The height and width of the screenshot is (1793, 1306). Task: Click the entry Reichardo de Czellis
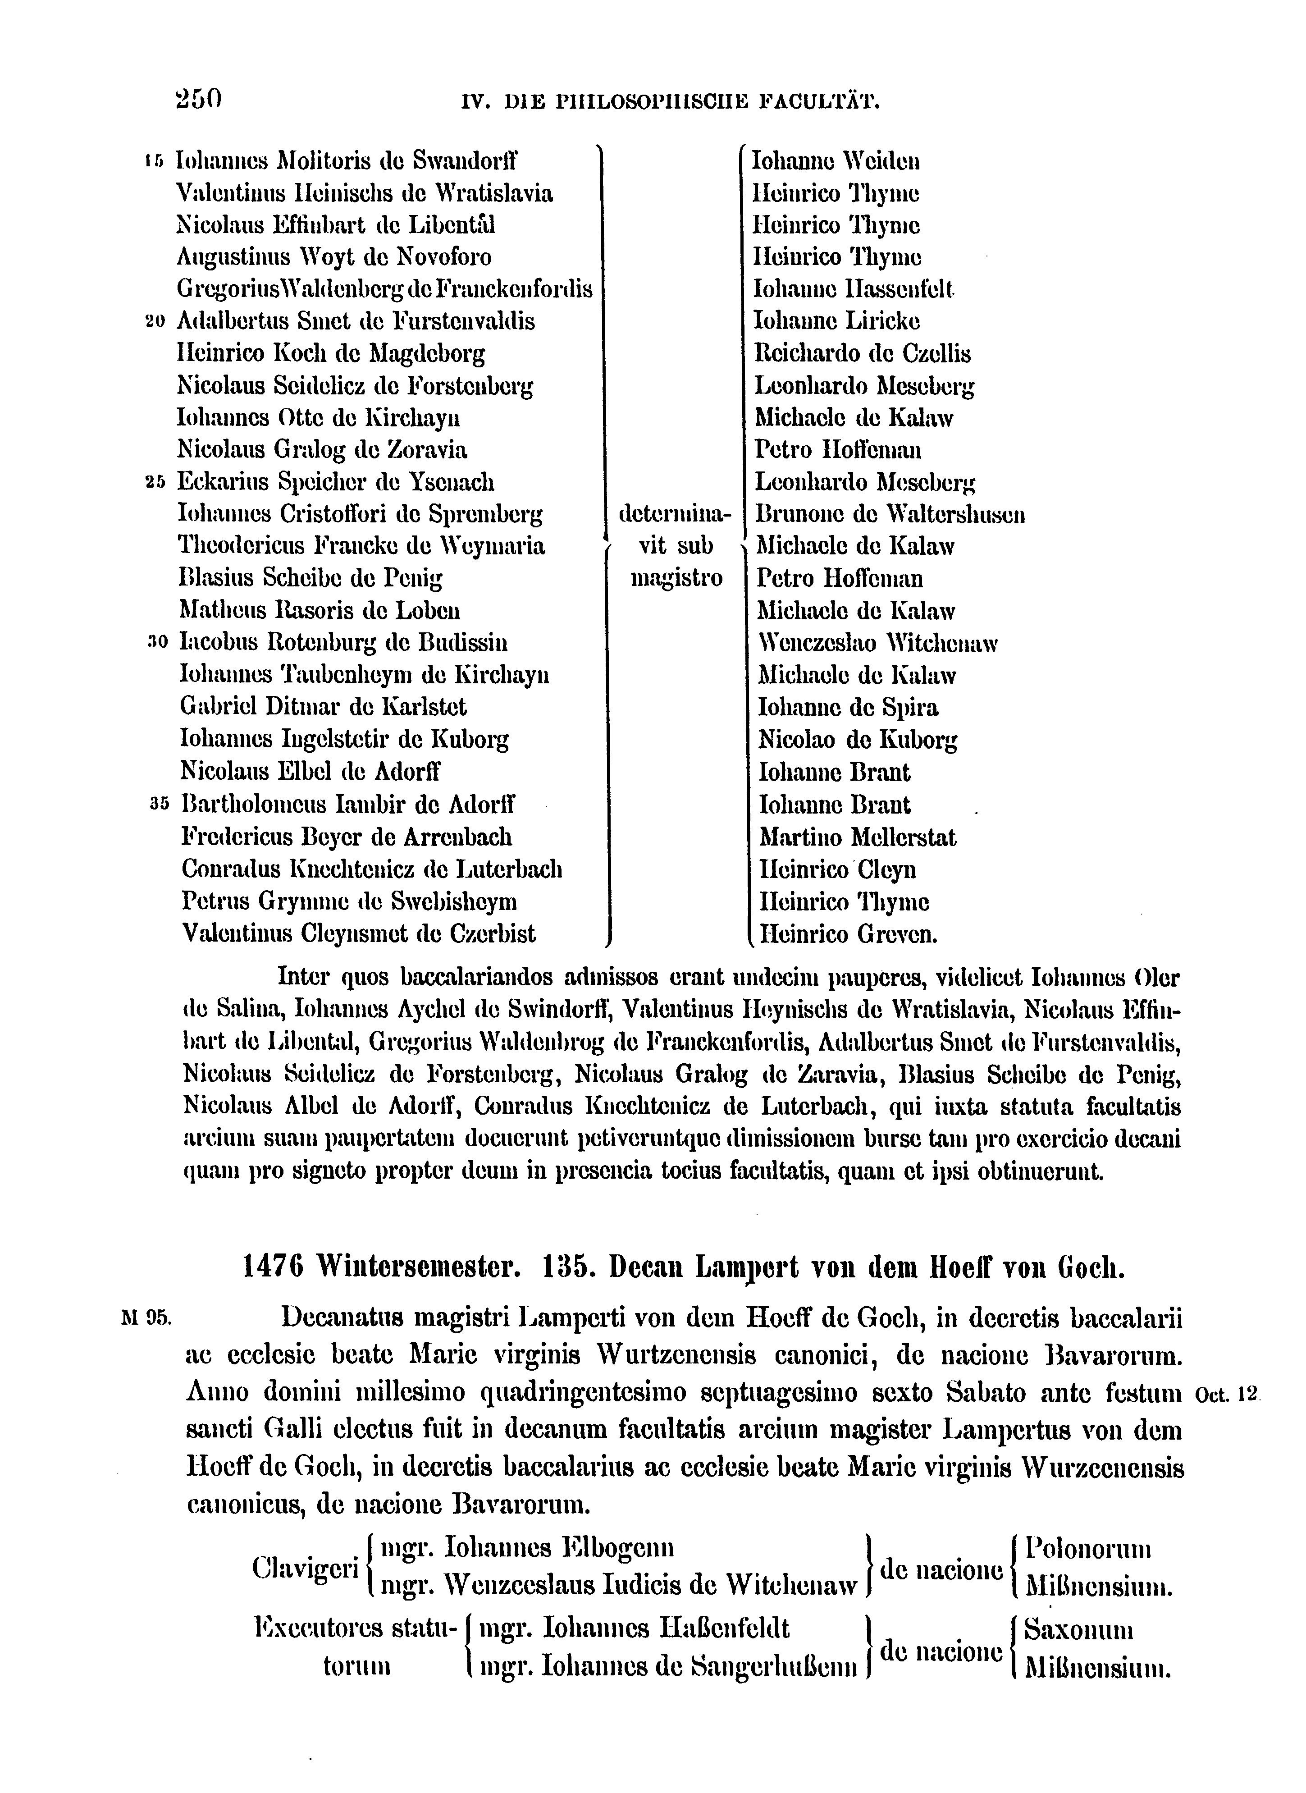point(863,353)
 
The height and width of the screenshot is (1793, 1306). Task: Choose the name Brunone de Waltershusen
point(890,515)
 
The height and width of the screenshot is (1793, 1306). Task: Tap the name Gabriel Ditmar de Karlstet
point(323,707)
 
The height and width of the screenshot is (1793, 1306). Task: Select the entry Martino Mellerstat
point(857,837)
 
